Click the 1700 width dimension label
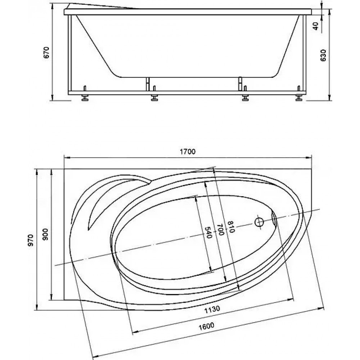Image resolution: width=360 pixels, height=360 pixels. pyautogui.click(x=188, y=152)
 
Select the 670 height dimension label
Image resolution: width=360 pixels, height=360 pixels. pyautogui.click(x=46, y=53)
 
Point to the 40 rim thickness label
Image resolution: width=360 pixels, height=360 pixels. pyautogui.click(x=316, y=26)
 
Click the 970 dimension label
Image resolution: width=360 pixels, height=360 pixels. pyautogui.click(x=31, y=240)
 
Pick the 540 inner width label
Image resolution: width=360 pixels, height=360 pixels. pyautogui.click(x=208, y=232)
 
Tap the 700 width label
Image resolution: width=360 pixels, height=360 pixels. pyautogui.click(x=220, y=230)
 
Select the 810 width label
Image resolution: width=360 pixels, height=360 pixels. pyautogui.click(x=231, y=227)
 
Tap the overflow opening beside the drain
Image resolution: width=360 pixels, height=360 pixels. pyautogui.click(x=274, y=219)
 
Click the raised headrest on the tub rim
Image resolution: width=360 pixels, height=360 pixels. pyautogui.click(x=101, y=6)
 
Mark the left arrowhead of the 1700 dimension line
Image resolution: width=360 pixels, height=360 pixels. pyautogui.click(x=67, y=158)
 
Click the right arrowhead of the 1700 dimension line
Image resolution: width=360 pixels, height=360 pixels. pyautogui.click(x=309, y=158)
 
